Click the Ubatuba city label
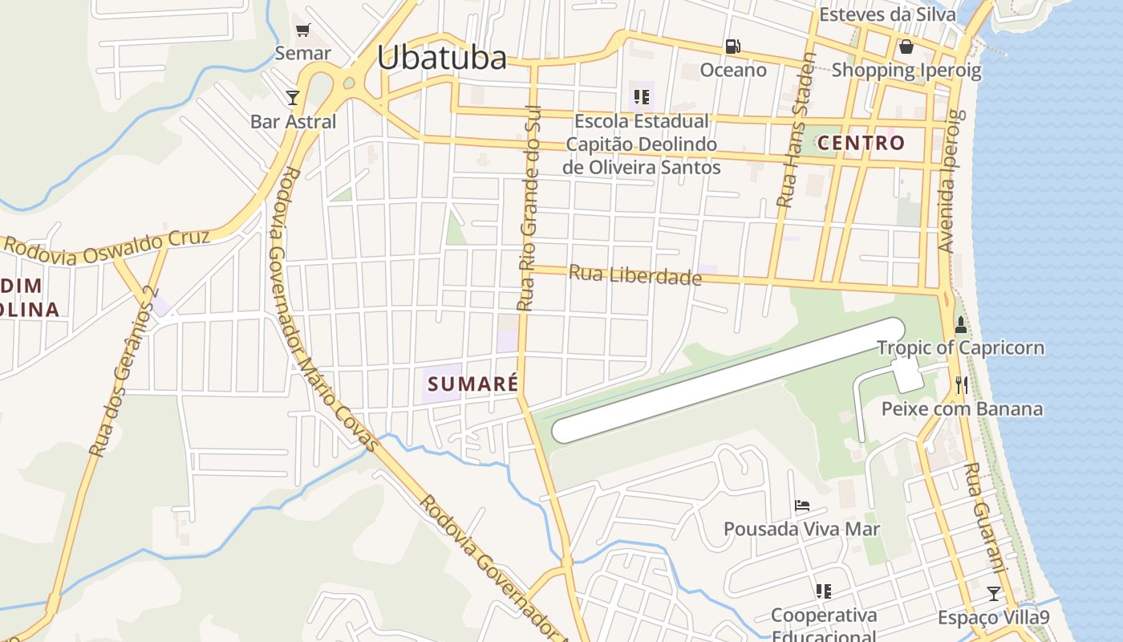442,58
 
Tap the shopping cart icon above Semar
302,30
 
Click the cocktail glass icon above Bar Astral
292,98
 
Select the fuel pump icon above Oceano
732,47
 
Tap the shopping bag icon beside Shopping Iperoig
906,47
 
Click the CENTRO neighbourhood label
861,144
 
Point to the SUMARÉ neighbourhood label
473,384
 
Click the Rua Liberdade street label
634,275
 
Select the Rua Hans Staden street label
796,131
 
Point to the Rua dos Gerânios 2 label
124,373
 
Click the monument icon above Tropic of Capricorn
960,325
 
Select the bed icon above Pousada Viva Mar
801,506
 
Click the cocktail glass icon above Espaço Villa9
994,593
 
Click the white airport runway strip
730,380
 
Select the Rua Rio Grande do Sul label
529,209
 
